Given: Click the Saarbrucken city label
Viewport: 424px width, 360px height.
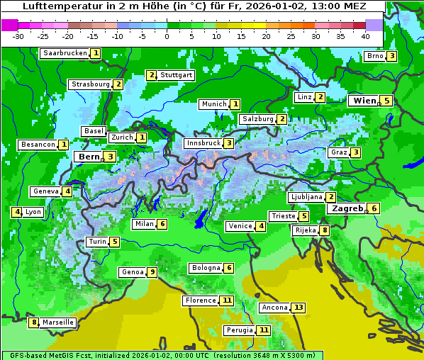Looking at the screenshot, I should [x=65, y=53].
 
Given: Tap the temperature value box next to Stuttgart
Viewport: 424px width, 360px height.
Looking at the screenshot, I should [x=151, y=75].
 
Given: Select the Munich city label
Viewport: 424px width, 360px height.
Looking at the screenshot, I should [x=213, y=104].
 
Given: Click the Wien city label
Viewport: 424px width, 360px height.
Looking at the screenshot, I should [x=364, y=101].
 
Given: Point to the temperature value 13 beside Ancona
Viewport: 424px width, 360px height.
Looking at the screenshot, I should [x=299, y=308].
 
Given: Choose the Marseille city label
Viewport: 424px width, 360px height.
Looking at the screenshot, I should [x=58, y=322].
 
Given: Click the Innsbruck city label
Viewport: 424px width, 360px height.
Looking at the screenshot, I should [x=203, y=143].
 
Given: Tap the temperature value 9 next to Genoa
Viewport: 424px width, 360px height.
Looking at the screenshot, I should [x=152, y=272].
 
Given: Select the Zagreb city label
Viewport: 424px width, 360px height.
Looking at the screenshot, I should [x=347, y=208].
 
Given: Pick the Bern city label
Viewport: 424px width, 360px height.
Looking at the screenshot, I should [x=89, y=157].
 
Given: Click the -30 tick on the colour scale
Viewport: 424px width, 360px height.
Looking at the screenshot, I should [x=18, y=35].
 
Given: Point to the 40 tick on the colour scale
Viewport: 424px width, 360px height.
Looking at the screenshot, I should [x=365, y=35].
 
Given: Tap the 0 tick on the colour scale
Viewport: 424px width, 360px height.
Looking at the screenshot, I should [x=167, y=35].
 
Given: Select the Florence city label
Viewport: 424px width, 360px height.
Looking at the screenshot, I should [x=201, y=300].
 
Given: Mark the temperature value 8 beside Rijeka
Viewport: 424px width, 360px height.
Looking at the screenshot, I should [x=325, y=230].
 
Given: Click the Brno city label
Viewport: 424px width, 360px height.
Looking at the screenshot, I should [x=375, y=56].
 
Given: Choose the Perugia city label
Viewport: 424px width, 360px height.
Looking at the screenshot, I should [x=239, y=330].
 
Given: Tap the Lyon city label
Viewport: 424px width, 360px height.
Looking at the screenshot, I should [x=33, y=212].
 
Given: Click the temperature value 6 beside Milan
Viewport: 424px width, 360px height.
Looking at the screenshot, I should [x=162, y=224].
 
